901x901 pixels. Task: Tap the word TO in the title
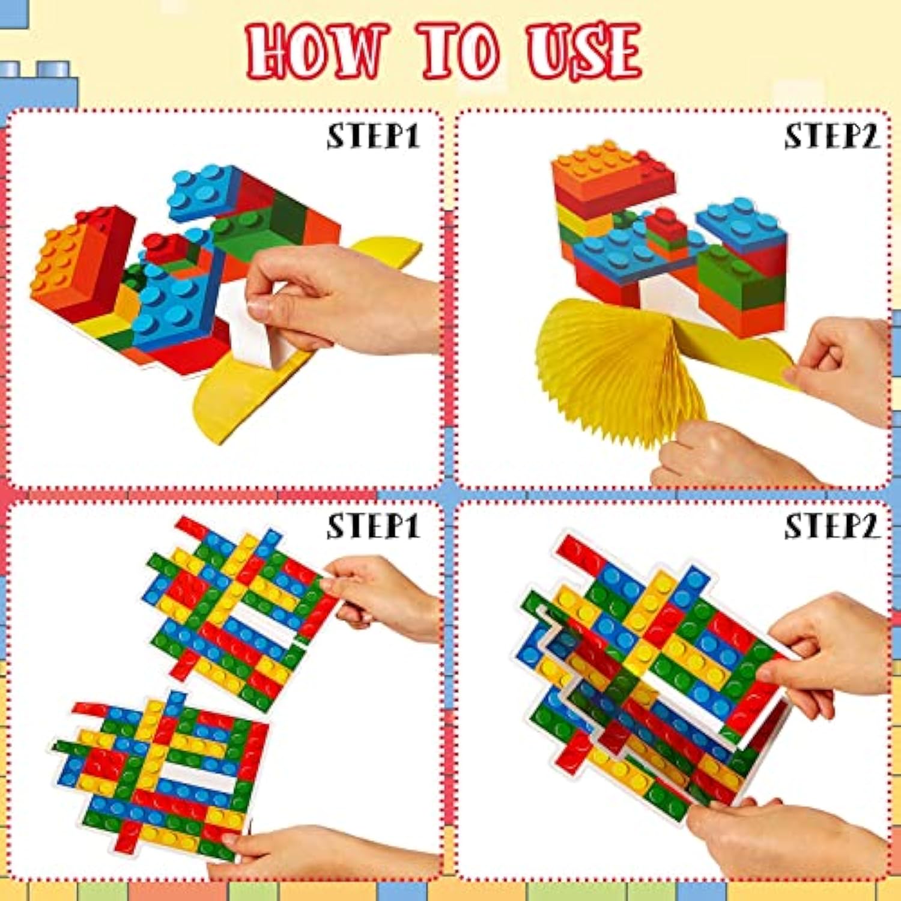[460, 52]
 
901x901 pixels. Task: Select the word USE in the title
[583, 52]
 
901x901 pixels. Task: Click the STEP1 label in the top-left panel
[373, 137]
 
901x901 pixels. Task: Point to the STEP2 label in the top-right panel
[832, 137]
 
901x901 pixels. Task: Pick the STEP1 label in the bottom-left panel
[373, 527]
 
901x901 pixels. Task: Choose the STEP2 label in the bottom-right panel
[832, 527]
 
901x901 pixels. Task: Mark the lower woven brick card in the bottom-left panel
[162, 775]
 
